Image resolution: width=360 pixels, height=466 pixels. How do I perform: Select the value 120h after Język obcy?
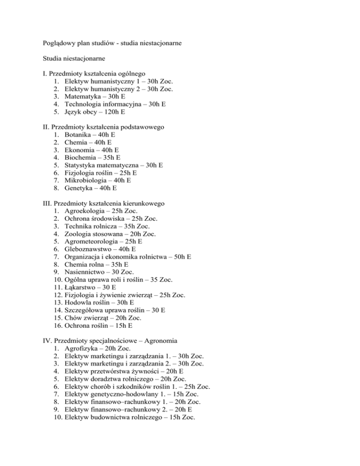[x=112, y=113]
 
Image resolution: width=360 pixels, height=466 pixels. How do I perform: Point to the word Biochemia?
[x=82, y=158]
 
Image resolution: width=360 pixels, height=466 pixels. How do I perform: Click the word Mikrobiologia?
[x=87, y=180]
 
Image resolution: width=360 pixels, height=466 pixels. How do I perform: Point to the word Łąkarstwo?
[x=81, y=287]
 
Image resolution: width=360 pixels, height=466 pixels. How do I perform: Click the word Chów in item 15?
[x=73, y=317]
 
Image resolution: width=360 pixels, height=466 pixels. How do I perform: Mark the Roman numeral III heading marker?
[x=45, y=203]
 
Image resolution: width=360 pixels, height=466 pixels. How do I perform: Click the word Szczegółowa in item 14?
[x=86, y=310]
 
